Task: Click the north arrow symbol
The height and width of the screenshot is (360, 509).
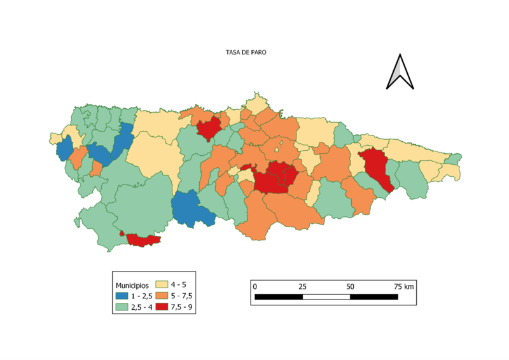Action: pyautogui.click(x=400, y=72)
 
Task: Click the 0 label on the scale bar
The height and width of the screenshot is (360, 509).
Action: pyautogui.click(x=255, y=287)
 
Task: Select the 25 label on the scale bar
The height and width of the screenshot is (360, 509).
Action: pyautogui.click(x=302, y=287)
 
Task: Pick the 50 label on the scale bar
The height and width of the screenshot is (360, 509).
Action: pyautogui.click(x=350, y=287)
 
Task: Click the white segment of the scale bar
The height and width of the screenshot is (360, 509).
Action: pyautogui.click(x=326, y=297)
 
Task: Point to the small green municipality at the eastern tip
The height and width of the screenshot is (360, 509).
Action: pyautogui.click(x=453, y=159)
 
